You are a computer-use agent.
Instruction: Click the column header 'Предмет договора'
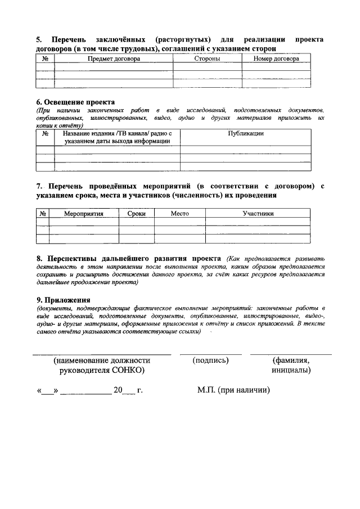[113, 58]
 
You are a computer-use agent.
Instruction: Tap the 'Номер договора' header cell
[276, 58]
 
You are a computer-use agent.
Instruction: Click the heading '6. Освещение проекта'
[75, 102]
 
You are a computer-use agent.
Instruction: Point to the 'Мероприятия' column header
[83, 214]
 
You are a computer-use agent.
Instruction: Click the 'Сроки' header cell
[136, 214]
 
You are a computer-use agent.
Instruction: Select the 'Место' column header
[179, 214]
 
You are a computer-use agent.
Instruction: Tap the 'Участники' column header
[258, 214]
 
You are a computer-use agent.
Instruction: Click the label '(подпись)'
[210, 361]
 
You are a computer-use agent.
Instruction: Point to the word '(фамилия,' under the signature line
[291, 361]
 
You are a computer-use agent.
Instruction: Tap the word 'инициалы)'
[291, 371]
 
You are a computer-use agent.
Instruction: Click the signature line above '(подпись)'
[210, 354]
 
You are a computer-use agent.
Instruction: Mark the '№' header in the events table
[43, 214]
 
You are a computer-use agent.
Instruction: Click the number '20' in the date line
[118, 390]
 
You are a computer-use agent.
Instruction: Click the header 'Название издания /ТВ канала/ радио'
[116, 133]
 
